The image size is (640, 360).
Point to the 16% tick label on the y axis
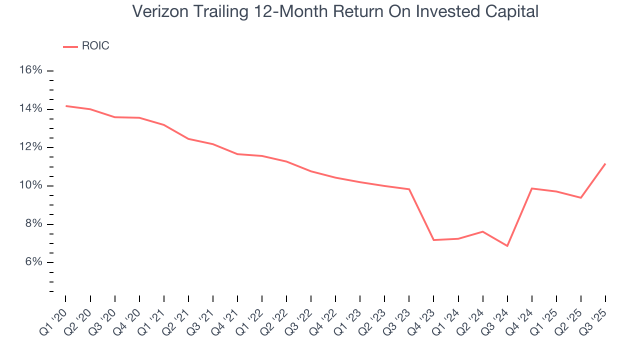coord(30,70)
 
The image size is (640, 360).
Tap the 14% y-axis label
coord(30,109)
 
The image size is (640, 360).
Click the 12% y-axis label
coord(30,147)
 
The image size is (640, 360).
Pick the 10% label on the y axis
coord(30,185)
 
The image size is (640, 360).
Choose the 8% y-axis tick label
coord(33,224)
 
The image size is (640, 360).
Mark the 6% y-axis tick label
coord(33,262)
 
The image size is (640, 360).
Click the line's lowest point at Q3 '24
coord(507,246)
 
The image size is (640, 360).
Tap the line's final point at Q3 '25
coord(605,163)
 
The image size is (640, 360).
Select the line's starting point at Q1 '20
coord(65,106)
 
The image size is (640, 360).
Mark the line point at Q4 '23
coord(433,240)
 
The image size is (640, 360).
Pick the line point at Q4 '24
coord(531,188)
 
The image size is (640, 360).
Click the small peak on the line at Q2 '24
coord(482,231)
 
